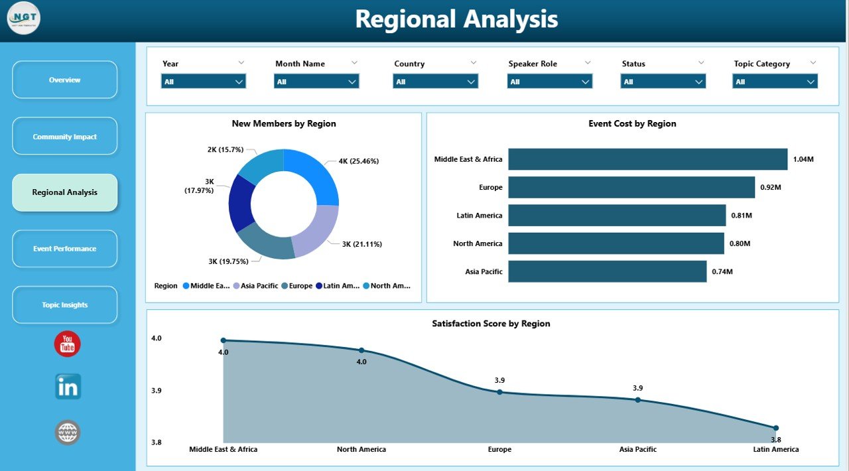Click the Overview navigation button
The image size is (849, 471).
(64, 80)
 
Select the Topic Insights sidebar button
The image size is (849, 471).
(64, 305)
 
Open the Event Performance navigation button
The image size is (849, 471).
(64, 249)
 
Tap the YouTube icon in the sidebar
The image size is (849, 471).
(67, 344)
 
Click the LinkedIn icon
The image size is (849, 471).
(68, 387)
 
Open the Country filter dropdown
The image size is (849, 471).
(435, 82)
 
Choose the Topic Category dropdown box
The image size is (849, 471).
(775, 82)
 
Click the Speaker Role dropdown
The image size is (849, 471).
(549, 82)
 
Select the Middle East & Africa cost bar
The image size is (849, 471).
(647, 159)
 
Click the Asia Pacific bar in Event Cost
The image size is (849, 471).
(607, 271)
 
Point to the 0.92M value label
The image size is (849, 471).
(771, 188)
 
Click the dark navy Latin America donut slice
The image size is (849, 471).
(240, 203)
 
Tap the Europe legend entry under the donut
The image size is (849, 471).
(296, 286)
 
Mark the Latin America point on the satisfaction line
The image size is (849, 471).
(775, 428)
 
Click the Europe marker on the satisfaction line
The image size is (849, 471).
(499, 392)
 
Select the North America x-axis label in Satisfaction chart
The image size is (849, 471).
(361, 449)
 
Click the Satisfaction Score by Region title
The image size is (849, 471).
(491, 324)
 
